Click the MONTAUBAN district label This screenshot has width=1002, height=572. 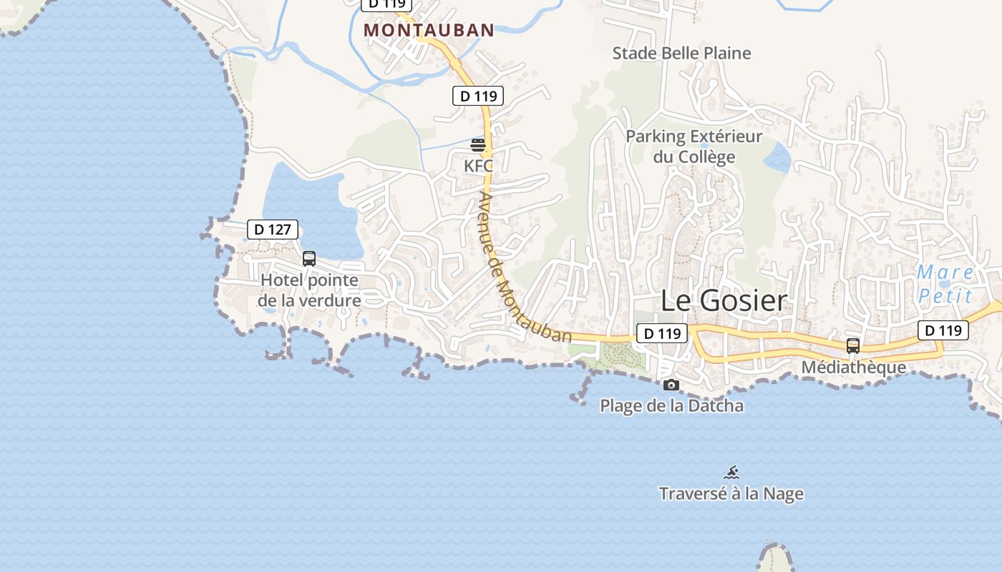(429, 30)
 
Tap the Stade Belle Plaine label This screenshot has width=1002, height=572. (681, 53)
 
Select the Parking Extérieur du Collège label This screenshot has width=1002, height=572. (694, 146)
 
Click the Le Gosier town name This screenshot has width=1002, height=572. (723, 300)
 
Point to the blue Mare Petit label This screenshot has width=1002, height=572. (945, 284)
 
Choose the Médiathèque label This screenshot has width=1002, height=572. (853, 368)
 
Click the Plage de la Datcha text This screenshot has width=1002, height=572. (671, 406)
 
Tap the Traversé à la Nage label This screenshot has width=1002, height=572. (731, 494)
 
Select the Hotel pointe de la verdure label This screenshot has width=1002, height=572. (310, 290)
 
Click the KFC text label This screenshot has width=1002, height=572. (478, 166)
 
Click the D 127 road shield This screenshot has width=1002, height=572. (273, 230)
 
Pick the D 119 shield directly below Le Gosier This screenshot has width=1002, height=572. (661, 333)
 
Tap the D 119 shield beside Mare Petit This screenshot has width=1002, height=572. (943, 330)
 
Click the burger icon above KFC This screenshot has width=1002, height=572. (478, 146)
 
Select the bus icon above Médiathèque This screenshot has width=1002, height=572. (852, 346)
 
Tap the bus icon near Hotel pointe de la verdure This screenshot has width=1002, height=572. (309, 259)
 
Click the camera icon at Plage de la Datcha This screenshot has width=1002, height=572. (671, 385)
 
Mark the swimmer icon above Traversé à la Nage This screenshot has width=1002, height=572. (731, 473)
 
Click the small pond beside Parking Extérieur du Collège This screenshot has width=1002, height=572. (777, 157)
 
